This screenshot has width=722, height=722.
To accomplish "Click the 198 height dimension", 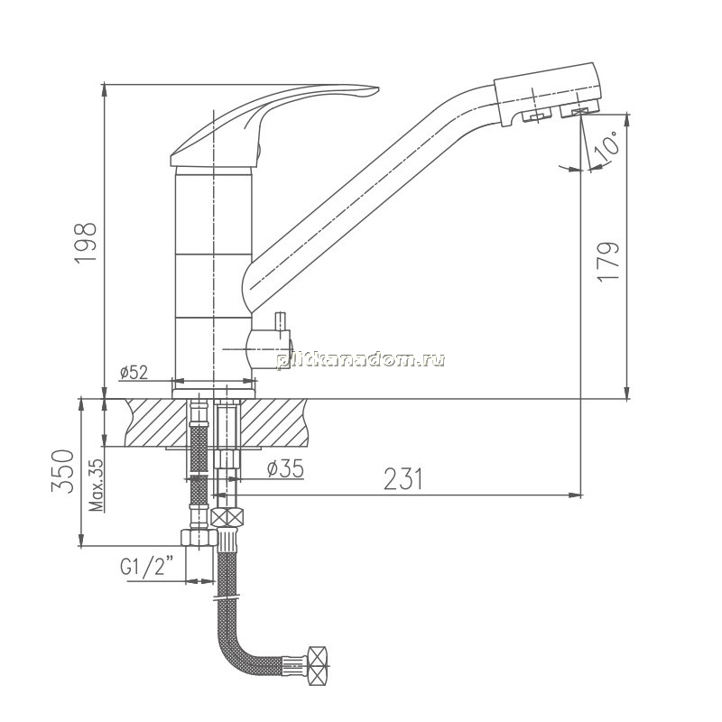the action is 86,242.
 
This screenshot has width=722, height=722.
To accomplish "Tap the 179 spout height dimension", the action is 607,261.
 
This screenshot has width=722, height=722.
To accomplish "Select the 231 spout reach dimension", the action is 403,479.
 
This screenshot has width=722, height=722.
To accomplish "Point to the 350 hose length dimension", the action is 63,471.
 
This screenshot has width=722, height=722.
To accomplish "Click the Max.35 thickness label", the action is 97,485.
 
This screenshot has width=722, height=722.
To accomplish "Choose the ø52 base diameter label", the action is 134,372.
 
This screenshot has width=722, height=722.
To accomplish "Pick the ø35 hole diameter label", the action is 285,468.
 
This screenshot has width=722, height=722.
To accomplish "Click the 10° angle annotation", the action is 606,143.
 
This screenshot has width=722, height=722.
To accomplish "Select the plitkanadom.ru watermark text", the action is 360,360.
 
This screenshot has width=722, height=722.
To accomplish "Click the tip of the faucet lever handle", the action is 378,88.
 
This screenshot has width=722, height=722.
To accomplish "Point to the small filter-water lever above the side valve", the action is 280,321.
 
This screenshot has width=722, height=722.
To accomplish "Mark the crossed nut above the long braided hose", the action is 227,517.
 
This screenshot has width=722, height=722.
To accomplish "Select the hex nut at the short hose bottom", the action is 199,537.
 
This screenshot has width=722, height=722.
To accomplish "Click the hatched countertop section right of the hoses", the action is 274,422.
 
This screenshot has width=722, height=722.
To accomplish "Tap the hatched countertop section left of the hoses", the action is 156,422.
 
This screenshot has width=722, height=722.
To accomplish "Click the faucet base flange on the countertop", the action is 214,393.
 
